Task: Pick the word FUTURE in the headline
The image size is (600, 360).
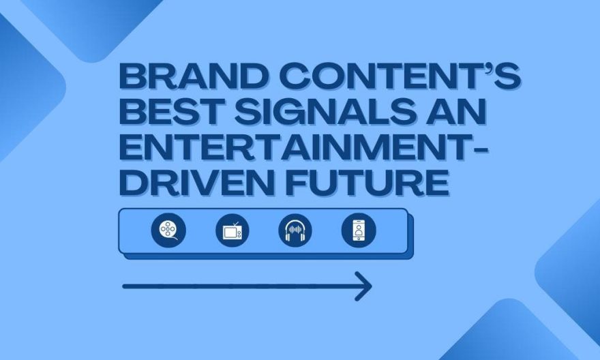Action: coord(367,182)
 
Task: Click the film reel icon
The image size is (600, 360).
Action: coord(168,230)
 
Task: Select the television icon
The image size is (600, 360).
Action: coord(232,230)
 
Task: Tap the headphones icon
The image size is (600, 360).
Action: coord(295,230)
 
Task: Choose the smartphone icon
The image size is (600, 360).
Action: coord(359,230)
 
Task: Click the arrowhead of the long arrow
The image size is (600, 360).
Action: coord(363,286)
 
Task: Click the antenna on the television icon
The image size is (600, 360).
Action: coord(235,224)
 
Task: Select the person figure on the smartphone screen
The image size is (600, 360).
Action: coord(359,230)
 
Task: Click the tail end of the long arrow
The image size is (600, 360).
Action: coord(123,286)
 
